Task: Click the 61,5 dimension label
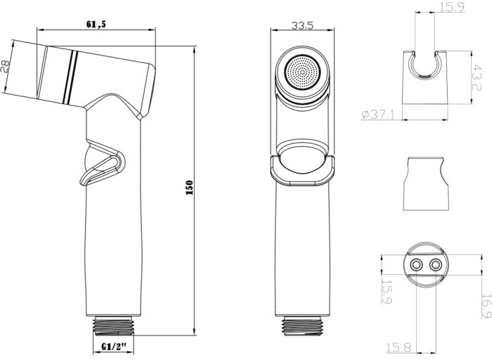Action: (x=96, y=24)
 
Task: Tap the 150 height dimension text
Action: (x=190, y=188)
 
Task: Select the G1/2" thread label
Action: (x=114, y=346)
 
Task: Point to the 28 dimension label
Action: (x=6, y=67)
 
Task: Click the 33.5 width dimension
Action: (x=302, y=25)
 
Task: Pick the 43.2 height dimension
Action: (x=477, y=77)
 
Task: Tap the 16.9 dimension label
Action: (x=486, y=306)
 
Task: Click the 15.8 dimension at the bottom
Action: (x=399, y=347)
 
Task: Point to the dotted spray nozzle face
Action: (x=302, y=72)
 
